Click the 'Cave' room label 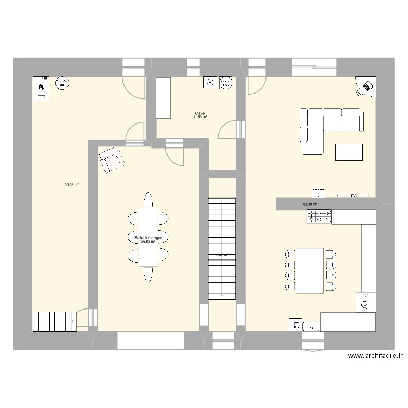[200, 113]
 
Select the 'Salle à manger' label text [149, 238]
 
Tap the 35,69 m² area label [72, 185]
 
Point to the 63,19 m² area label [310, 205]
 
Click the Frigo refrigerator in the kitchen [363, 302]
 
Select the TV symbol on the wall [353, 195]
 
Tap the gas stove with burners [320, 217]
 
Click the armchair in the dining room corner [112, 159]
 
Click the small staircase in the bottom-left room [53, 321]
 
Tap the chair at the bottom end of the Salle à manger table [147, 275]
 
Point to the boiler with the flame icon [41, 88]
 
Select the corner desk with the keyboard [367, 86]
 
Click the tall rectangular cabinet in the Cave [164, 97]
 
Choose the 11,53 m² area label [200, 118]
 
